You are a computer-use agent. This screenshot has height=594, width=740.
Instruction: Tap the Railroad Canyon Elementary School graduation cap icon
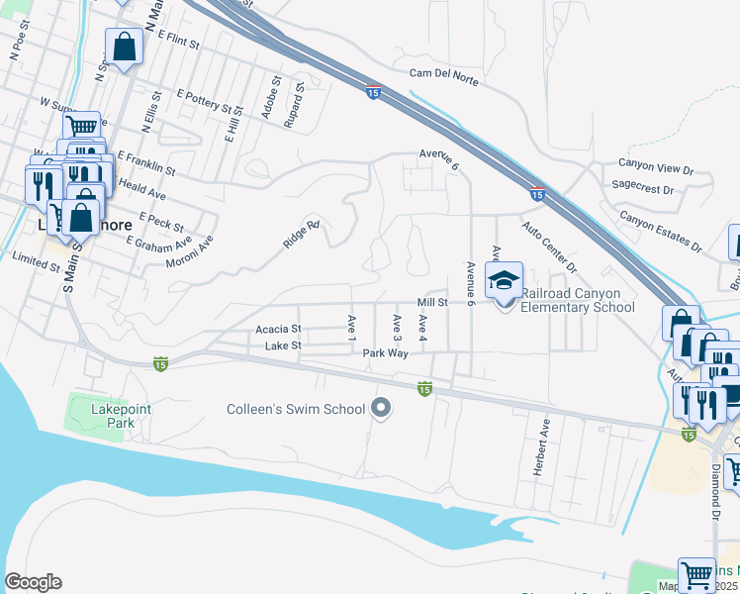coord(504,279)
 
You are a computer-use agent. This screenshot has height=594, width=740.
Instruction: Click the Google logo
coord(33,582)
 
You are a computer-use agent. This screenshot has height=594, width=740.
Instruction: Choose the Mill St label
coord(433,302)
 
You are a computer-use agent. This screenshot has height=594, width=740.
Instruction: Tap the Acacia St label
coord(278,328)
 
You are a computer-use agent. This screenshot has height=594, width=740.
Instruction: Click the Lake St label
coord(282,346)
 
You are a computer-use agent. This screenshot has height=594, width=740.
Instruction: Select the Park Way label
coord(386,352)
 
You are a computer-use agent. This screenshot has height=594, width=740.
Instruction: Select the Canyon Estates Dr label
coord(660,231)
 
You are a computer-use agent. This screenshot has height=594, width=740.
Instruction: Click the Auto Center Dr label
coord(550,247)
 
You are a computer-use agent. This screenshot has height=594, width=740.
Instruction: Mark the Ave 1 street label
coord(351,328)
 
